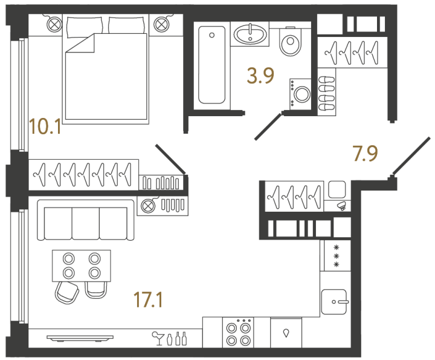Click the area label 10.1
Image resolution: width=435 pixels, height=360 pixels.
click(45, 126)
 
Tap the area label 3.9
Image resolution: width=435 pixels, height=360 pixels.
click(260, 76)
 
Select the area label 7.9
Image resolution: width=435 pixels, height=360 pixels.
click(366, 154)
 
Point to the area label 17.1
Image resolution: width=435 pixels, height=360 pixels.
click(148, 299)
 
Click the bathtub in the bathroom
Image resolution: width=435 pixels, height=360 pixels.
click(211, 65)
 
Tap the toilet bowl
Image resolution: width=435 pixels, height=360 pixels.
click(291, 42)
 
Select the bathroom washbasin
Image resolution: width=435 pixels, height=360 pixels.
click(250, 34)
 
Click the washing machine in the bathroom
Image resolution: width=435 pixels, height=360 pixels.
click(300, 94)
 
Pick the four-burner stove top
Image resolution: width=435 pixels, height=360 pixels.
click(238, 333)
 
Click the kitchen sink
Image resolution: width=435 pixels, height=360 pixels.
click(334, 302)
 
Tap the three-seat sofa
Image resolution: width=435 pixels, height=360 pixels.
click(85, 220)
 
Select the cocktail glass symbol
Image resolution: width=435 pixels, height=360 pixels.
click(158, 338)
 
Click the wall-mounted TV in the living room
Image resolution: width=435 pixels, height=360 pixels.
click(80, 338)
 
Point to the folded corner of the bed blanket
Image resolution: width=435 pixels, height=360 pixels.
click(80, 43)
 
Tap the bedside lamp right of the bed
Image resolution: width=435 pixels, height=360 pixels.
click(161, 25)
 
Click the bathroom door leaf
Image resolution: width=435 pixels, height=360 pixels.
click(268, 126)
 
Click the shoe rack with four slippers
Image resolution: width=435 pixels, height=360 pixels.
click(327, 93)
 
